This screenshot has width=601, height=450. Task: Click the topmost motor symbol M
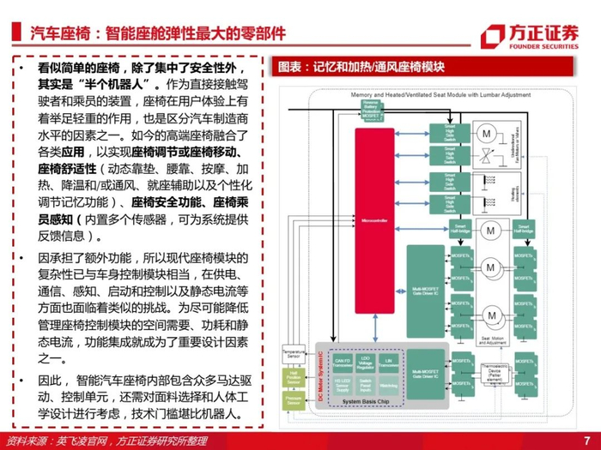(485, 135)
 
